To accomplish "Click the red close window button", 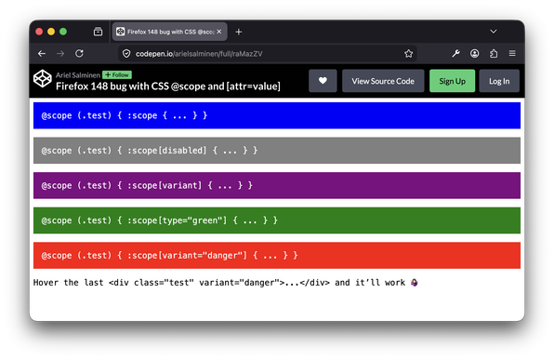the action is coord(39,32).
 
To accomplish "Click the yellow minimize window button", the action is coord(51,32).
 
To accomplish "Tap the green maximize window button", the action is coord(63,32).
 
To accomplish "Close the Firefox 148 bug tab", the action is coord(219,32).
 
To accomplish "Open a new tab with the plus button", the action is coord(239,32).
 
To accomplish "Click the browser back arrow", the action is coord(42,53).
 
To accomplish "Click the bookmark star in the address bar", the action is coord(408,53).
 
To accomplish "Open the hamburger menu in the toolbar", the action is coord(512,53).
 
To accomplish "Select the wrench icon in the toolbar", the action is coord(455,53).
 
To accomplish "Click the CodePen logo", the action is coord(43,78).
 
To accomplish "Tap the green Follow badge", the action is coord(117,75).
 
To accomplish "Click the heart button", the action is coord(323,81).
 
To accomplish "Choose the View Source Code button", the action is coord(383,81).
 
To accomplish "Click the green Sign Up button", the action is coord(453,81).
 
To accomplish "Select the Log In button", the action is coord(499,81).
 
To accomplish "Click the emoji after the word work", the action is coord(414,283).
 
